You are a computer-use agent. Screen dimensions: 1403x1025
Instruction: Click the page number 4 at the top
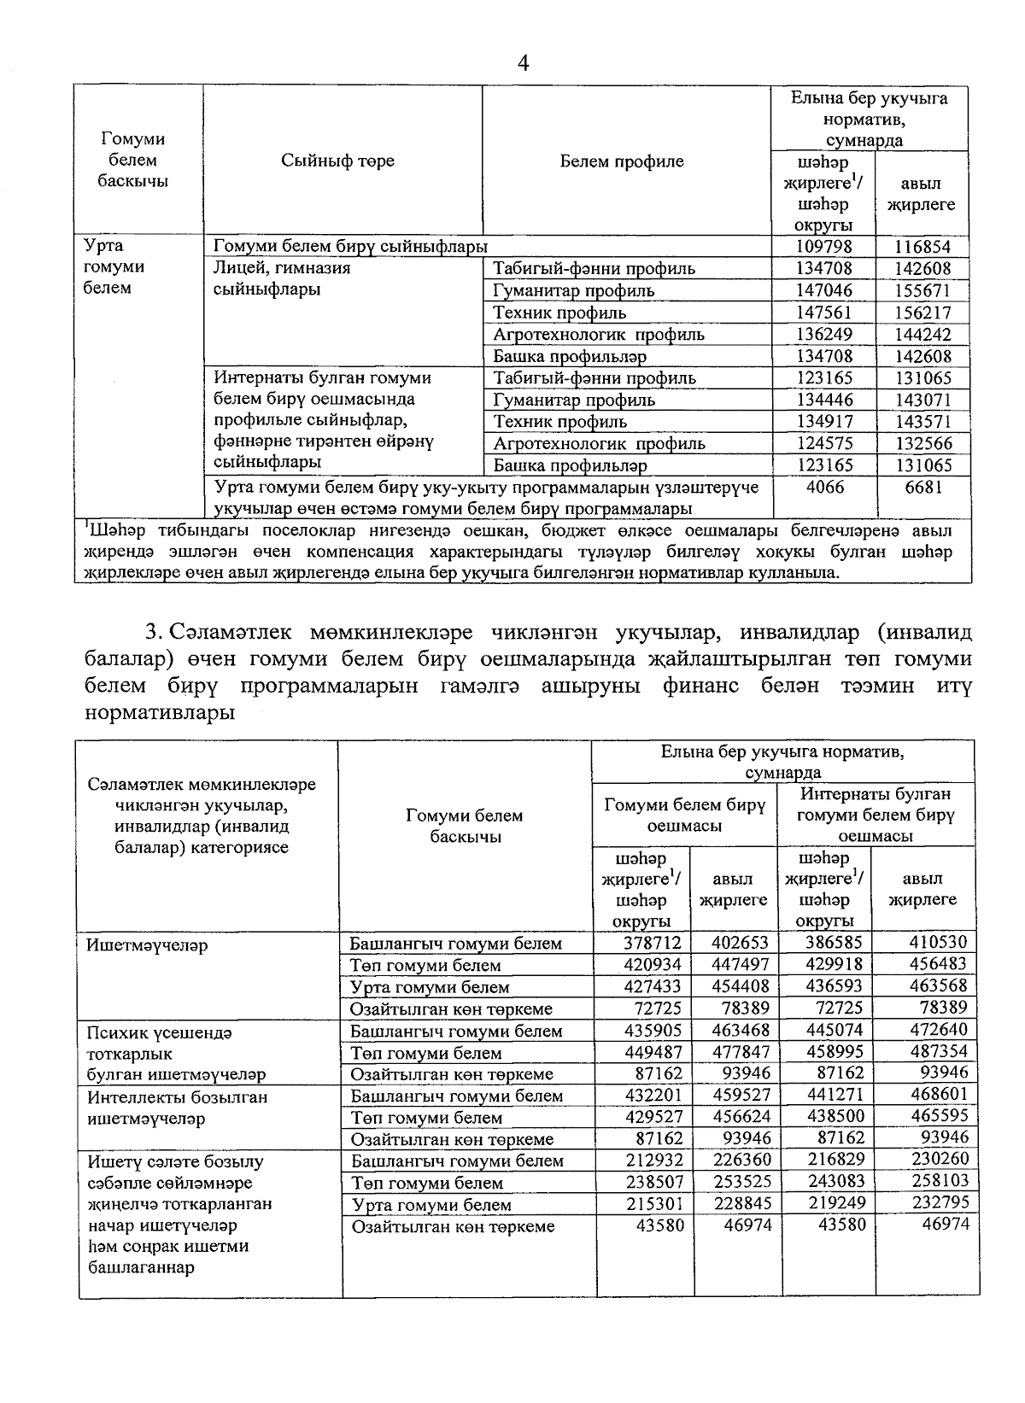pos(524,62)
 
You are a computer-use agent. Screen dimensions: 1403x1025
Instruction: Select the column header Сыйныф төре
pos(337,161)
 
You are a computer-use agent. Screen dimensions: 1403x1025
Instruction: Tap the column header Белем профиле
pos(622,161)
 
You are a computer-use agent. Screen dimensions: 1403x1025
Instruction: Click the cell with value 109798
pos(823,247)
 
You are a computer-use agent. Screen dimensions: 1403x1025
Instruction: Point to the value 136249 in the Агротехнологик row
pos(823,335)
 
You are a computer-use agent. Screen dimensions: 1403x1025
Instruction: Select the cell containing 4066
pos(823,487)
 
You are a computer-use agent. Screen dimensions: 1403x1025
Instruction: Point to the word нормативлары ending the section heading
pos(160,712)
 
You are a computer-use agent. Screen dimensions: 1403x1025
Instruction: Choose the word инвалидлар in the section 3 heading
pos(798,633)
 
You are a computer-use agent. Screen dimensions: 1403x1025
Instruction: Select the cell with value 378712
pos(652,943)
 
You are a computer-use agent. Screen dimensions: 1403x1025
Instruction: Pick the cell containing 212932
pos(652,1160)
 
